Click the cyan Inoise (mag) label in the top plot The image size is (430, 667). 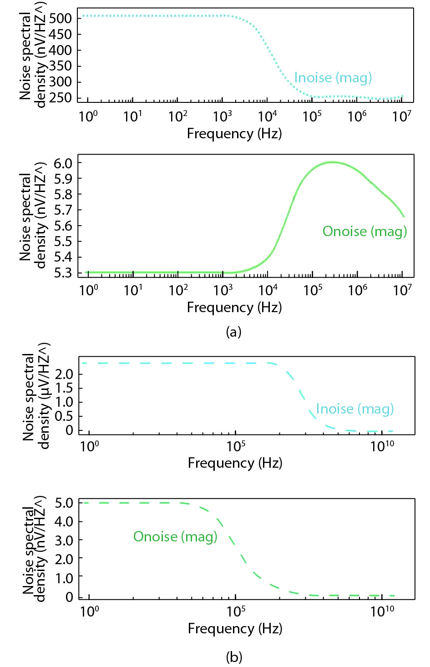click(x=333, y=78)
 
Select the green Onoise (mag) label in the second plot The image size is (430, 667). click(x=364, y=232)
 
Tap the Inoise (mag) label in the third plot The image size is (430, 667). click(x=354, y=409)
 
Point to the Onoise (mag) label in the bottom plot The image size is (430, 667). click(x=175, y=537)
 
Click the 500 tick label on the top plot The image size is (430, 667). click(x=60, y=19)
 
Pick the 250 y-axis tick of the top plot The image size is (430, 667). click(x=60, y=98)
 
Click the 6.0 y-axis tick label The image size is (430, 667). click(x=63, y=163)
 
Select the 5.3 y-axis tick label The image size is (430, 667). click(x=63, y=273)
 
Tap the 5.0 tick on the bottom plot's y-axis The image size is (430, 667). click(x=64, y=503)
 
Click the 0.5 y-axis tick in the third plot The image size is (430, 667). click(x=64, y=416)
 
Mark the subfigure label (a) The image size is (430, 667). click(x=233, y=332)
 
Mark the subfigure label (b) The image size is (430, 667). click(x=234, y=657)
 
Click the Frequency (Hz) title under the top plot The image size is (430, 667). click(x=234, y=134)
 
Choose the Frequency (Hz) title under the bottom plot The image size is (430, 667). click(x=235, y=629)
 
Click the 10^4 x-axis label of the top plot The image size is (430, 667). click(x=268, y=116)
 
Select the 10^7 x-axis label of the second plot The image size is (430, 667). click(x=402, y=290)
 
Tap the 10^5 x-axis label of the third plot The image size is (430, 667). click(x=236, y=446)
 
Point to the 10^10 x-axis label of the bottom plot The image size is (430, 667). click(x=382, y=611)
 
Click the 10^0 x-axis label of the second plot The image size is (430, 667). click(x=88, y=290)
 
